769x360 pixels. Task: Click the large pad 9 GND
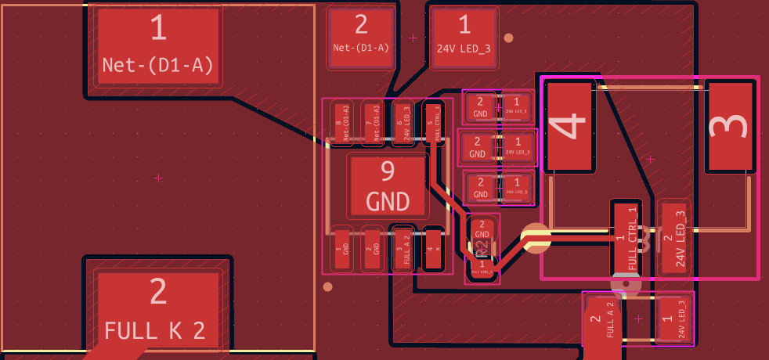(388, 185)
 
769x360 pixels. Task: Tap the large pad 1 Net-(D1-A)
(157, 45)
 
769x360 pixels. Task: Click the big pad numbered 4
(569, 126)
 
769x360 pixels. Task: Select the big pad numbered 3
(731, 126)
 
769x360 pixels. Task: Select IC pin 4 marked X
(433, 248)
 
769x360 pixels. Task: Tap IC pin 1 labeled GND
(341, 248)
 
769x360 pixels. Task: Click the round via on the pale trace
(536, 238)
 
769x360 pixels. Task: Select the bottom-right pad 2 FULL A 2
(604, 321)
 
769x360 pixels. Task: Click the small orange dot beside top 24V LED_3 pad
(508, 38)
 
